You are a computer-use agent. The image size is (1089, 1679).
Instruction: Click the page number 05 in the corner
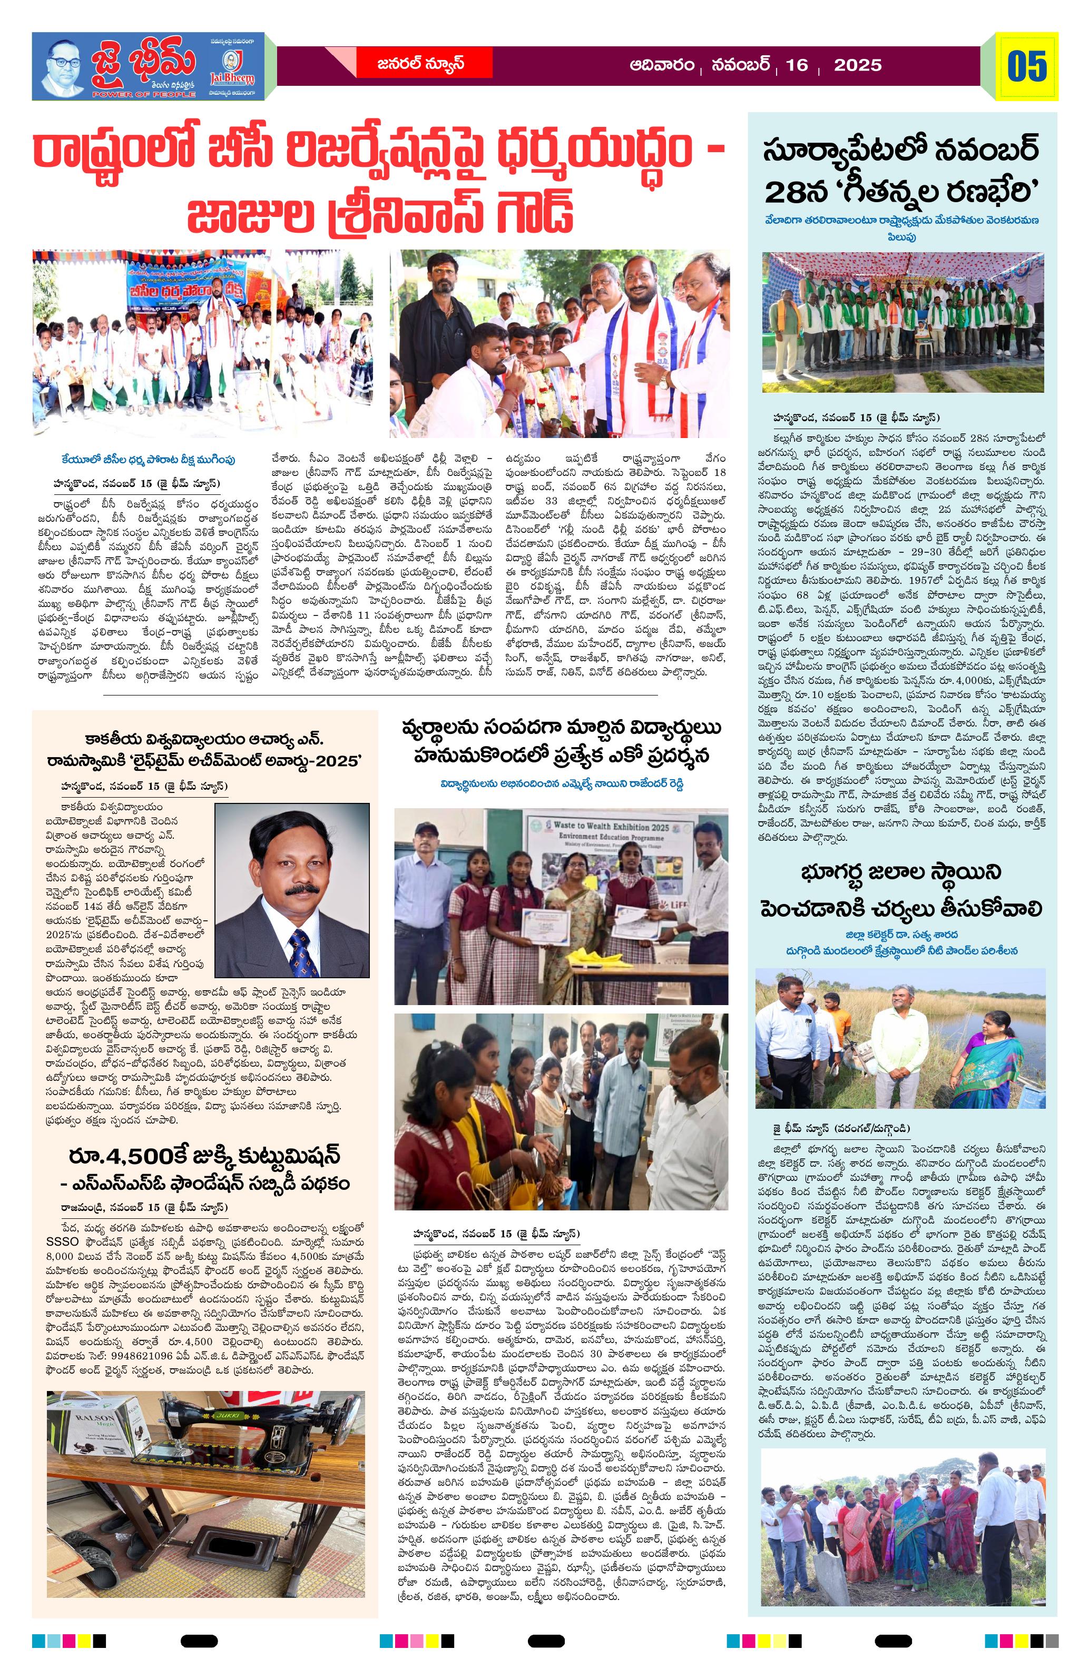click(x=1026, y=66)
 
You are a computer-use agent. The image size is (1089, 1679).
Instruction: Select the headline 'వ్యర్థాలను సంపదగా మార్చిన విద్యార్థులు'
click(x=562, y=728)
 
